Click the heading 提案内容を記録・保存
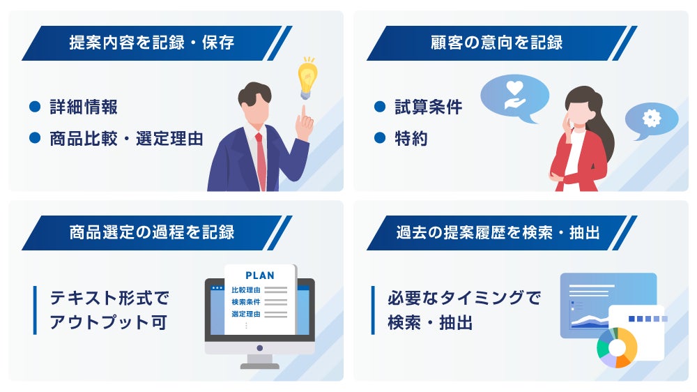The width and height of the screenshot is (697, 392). coord(151,43)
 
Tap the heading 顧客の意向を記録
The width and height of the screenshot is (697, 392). coord(496,43)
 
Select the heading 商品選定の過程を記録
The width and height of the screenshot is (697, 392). coord(151,232)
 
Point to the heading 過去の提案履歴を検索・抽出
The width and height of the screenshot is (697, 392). coord(498,232)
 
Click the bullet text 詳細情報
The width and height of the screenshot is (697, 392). coord(84,107)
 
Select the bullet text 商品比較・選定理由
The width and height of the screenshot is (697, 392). coord(127,138)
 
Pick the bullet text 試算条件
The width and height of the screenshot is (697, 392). coord(429,107)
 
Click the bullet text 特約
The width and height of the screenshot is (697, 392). coord(411,138)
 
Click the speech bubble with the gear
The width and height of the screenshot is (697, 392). coord(652,120)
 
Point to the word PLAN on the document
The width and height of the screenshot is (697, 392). coord(260,276)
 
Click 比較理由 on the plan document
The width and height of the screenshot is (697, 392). coord(246,290)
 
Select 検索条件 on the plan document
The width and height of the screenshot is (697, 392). coord(246,302)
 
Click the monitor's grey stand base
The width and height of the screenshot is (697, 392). coord(260,366)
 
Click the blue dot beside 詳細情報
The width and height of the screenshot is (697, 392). coord(35,107)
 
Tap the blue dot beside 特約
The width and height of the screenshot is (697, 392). coord(380,138)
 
